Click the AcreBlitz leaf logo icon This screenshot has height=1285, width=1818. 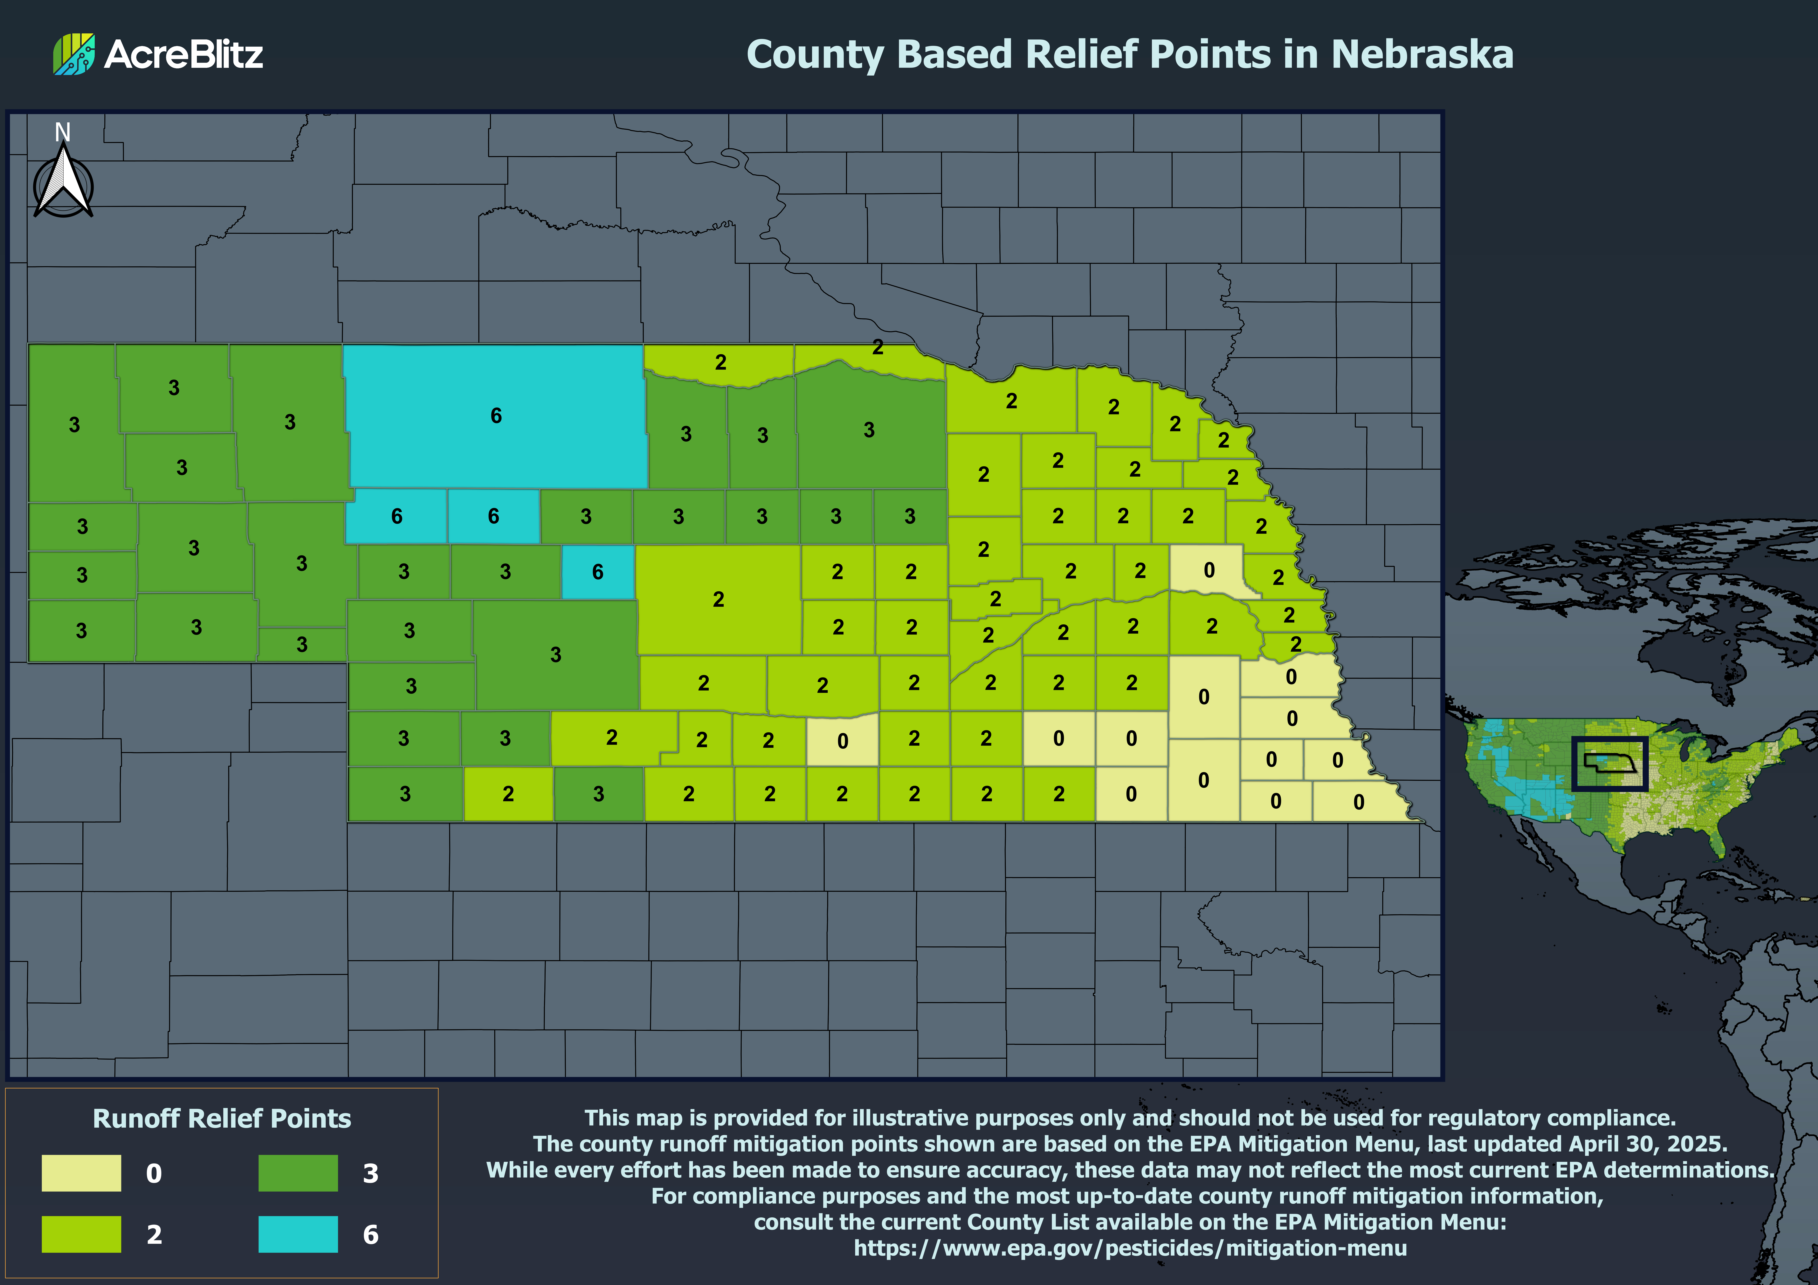point(74,54)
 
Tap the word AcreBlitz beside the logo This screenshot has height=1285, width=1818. point(184,54)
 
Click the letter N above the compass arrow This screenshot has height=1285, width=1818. point(63,131)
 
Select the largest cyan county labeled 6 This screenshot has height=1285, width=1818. point(496,416)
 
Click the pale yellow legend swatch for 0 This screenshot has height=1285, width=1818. point(82,1173)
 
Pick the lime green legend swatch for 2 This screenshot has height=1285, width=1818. point(82,1234)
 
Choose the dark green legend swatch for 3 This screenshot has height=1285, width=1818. point(298,1173)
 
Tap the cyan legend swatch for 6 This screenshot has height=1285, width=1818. point(298,1234)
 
